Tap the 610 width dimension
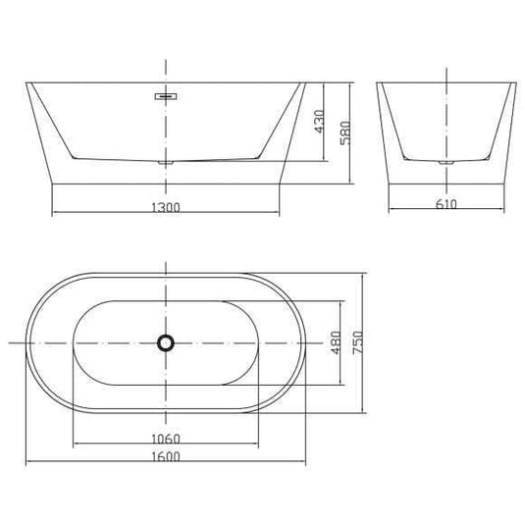click(x=445, y=204)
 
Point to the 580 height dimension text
click(x=343, y=131)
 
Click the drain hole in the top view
click(x=165, y=342)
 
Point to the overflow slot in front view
click(x=165, y=97)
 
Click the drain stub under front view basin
click(x=165, y=158)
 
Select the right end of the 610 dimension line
click(x=500, y=212)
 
